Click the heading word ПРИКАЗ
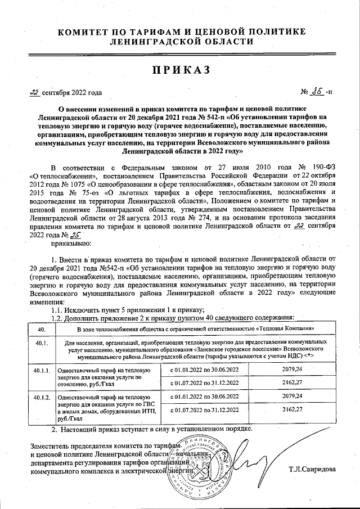pyautogui.click(x=181, y=70)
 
